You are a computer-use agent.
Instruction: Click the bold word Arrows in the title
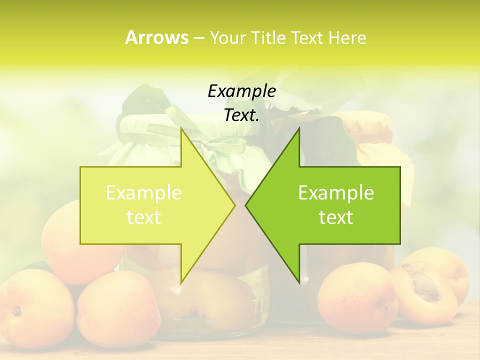point(156,37)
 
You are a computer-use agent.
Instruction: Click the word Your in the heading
point(227,37)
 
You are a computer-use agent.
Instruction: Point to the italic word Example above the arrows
point(241,91)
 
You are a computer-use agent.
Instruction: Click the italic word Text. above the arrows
point(241,115)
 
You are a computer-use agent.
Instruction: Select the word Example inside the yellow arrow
point(143,193)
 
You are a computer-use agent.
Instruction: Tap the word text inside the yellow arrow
point(143,217)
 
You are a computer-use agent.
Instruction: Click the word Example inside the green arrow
point(336,193)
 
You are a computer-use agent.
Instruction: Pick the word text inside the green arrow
point(336,217)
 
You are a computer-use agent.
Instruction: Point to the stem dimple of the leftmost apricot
point(17,311)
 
